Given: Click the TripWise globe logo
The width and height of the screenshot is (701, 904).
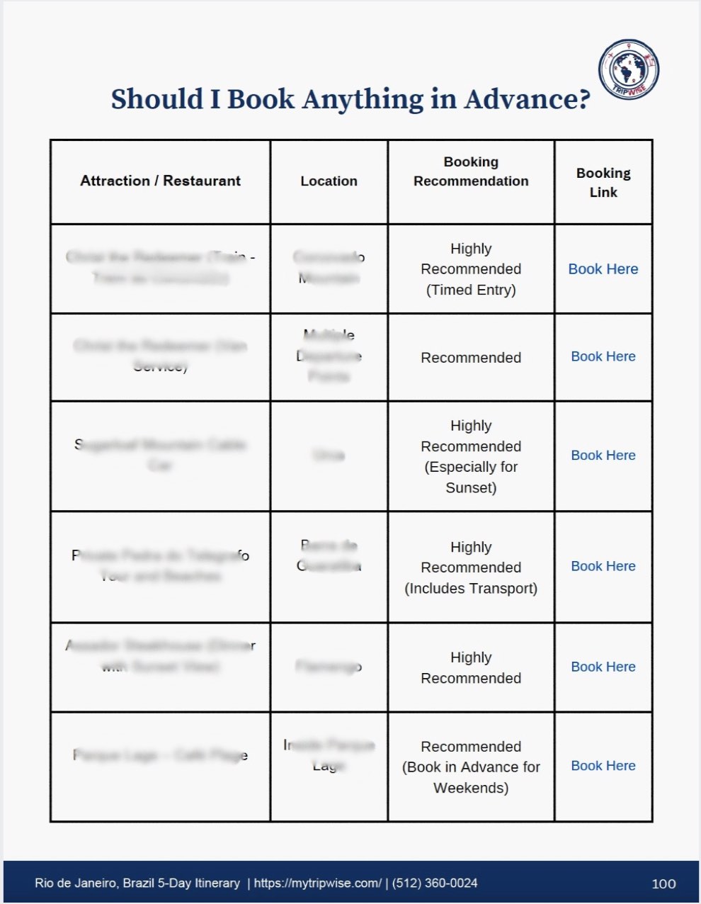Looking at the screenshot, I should click(x=629, y=69).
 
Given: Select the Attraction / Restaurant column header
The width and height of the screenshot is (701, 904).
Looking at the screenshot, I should click(x=160, y=181).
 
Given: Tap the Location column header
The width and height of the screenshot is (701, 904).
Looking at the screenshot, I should click(x=329, y=181).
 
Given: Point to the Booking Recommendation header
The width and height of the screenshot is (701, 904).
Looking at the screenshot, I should click(x=471, y=171).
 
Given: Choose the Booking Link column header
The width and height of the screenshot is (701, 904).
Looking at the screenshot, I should click(x=603, y=182).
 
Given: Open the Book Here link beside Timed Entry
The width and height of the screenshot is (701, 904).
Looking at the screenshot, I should click(x=603, y=269).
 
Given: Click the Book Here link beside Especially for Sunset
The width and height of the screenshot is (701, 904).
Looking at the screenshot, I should click(x=603, y=456).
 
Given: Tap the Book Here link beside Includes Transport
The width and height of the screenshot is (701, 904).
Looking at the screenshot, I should click(x=603, y=566).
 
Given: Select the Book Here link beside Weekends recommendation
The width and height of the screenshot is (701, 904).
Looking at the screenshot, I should click(x=603, y=766).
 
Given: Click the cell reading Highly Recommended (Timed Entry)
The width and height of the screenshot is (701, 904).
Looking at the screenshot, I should click(x=471, y=269).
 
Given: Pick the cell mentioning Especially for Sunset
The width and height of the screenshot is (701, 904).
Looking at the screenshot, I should click(x=471, y=456).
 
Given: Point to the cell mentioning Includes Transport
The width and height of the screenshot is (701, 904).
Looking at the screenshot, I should click(x=471, y=567).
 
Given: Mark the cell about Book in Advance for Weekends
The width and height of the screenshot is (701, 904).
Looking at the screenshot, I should click(x=471, y=767).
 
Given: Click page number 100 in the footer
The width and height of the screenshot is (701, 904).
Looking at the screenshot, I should click(x=663, y=883).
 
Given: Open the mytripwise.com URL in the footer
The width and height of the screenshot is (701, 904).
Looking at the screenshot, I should click(x=318, y=883).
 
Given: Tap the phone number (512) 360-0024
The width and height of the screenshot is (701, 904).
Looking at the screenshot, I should click(x=435, y=883).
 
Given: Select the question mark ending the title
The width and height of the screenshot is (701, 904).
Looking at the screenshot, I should click(x=583, y=99).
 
